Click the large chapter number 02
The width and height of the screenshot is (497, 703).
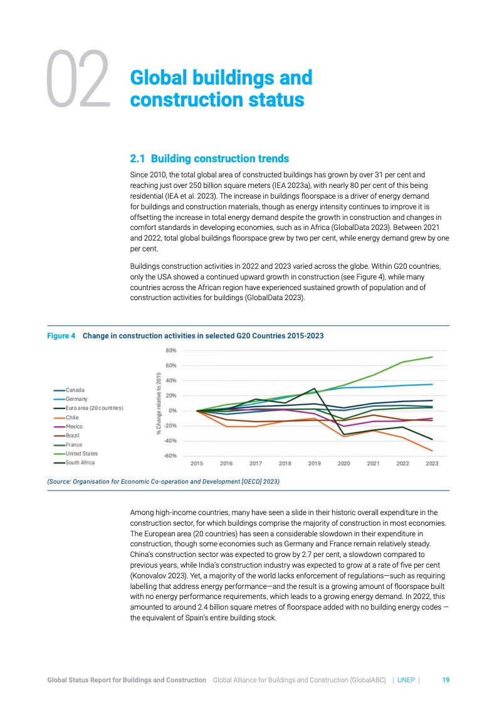(77, 80)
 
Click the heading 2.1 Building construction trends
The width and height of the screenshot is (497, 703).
(209, 158)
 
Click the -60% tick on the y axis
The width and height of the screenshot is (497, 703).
(170, 456)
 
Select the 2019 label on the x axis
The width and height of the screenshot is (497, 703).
(314, 464)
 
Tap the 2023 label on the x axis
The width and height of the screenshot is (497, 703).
(432, 464)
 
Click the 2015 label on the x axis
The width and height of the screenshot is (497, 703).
(197, 464)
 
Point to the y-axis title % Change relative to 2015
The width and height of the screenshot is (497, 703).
(159, 403)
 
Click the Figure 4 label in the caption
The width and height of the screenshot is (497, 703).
(61, 336)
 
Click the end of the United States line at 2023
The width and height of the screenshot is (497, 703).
(432, 357)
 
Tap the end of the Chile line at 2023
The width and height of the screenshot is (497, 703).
(432, 450)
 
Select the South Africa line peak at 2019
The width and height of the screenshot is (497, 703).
(314, 388)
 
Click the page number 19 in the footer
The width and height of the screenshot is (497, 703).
(446, 680)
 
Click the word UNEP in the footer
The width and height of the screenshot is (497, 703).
(406, 680)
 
